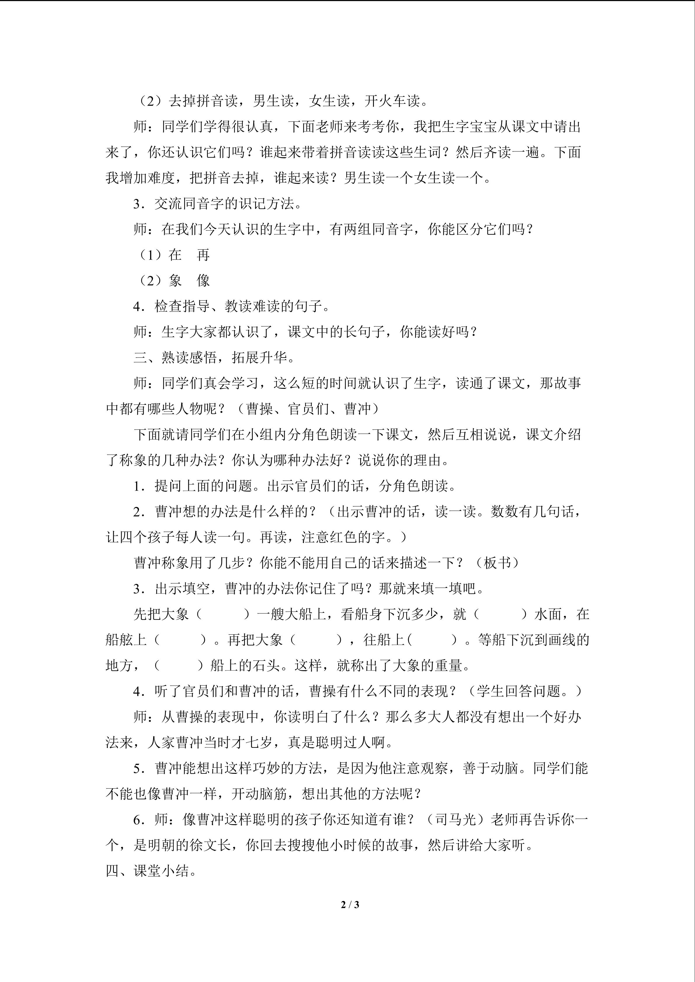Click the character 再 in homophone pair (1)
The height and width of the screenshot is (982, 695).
pyautogui.click(x=203, y=255)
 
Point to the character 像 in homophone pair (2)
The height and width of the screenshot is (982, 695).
pyautogui.click(x=203, y=281)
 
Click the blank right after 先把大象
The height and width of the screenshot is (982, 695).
pyautogui.click(x=222, y=615)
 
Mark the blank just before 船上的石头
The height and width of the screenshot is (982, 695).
pyautogui.click(x=179, y=666)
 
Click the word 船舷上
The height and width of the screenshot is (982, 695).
pyautogui.click(x=126, y=640)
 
